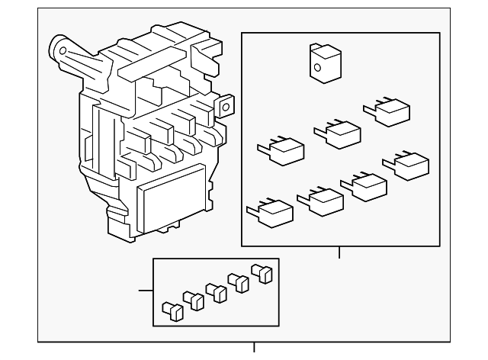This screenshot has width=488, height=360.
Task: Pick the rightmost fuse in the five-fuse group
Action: point(264,272)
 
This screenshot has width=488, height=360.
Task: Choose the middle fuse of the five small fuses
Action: point(216,291)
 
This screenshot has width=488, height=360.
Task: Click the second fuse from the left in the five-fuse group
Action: point(194,301)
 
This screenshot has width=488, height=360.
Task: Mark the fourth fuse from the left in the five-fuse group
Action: point(241,282)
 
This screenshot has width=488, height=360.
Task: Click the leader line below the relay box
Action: point(339,254)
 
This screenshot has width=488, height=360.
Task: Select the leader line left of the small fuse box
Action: point(146,291)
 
